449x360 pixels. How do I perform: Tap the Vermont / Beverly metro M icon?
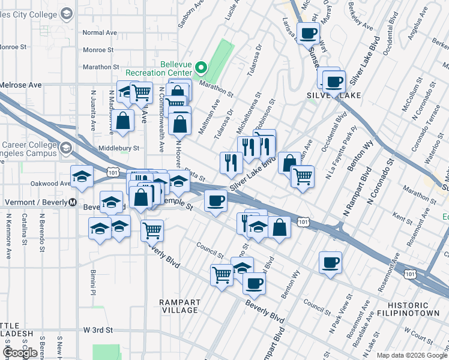[x=72, y=202]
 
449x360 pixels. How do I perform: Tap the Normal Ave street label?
[x=100, y=32]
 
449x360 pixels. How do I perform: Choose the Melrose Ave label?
[x=21, y=85]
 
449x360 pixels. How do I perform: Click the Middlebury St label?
[x=118, y=148]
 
